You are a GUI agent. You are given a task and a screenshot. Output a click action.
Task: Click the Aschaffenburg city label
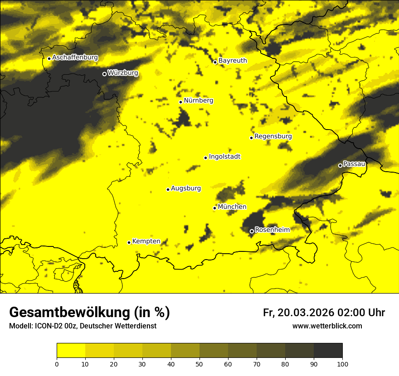(x=75, y=58)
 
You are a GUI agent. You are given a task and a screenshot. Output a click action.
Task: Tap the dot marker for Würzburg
(x=104, y=74)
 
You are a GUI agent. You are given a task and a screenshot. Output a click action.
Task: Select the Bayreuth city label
(x=233, y=60)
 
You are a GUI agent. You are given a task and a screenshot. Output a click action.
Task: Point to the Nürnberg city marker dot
(x=180, y=102)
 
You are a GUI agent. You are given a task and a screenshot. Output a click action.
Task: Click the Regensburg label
(x=273, y=136)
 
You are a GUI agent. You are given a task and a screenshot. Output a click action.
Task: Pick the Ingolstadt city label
(x=224, y=156)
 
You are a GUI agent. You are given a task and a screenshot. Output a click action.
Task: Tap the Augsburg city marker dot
(x=168, y=189)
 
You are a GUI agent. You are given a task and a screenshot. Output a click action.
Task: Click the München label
(x=232, y=207)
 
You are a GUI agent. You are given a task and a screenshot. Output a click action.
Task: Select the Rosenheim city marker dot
(x=252, y=231)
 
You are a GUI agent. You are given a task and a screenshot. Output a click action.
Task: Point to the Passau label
(x=354, y=164)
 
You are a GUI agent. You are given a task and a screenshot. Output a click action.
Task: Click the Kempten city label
(x=146, y=241)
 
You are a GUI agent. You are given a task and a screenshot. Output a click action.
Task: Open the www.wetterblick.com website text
(x=327, y=326)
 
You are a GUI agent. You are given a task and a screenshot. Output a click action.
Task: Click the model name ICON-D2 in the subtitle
(x=48, y=326)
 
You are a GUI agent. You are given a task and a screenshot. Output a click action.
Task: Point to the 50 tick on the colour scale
(x=199, y=363)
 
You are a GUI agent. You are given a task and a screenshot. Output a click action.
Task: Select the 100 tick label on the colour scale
(x=342, y=363)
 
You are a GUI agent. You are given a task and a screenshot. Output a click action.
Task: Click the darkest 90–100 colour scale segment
(x=328, y=351)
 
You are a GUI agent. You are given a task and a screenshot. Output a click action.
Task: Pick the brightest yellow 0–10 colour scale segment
(x=71, y=351)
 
